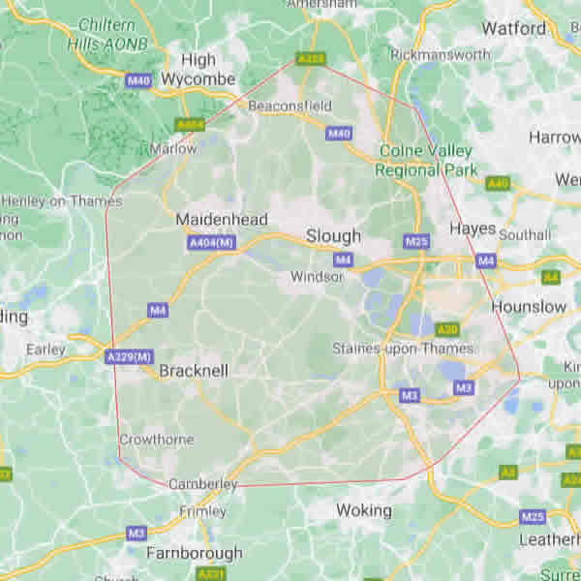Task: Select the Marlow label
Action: coord(173,149)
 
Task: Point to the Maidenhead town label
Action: coord(221,220)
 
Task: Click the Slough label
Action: coord(333,235)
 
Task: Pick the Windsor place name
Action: coord(317,277)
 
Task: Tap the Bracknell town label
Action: coord(193,370)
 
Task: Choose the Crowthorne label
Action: coord(156,439)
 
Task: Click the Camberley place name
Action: coord(202,483)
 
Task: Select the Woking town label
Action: coord(363,509)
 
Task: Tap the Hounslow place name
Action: coord(529,306)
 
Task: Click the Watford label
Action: coord(513,28)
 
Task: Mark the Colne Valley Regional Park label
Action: coord(426,160)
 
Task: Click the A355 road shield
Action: coord(310,59)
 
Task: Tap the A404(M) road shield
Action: coord(211,243)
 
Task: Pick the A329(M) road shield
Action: coord(129,357)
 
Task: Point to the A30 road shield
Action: coord(446,329)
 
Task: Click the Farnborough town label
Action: coord(194,553)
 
